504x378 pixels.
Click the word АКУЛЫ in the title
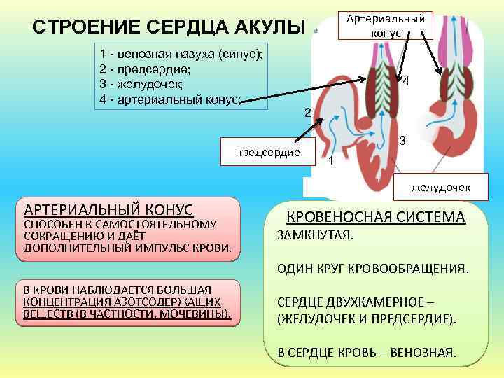pyautogui.click(x=267, y=27)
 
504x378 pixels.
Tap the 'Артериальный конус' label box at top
pyautogui.click(x=386, y=25)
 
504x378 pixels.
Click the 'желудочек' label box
pyautogui.click(x=440, y=187)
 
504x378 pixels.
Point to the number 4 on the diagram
pyautogui.click(x=406, y=81)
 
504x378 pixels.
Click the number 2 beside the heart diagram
pyautogui.click(x=307, y=113)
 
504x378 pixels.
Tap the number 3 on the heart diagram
pyautogui.click(x=402, y=141)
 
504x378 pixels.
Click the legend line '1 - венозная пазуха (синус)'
pyautogui.click(x=181, y=55)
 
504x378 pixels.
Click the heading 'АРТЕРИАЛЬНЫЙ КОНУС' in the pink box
pyautogui.click(x=108, y=209)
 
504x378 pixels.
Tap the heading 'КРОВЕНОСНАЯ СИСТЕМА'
pyautogui.click(x=376, y=217)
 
